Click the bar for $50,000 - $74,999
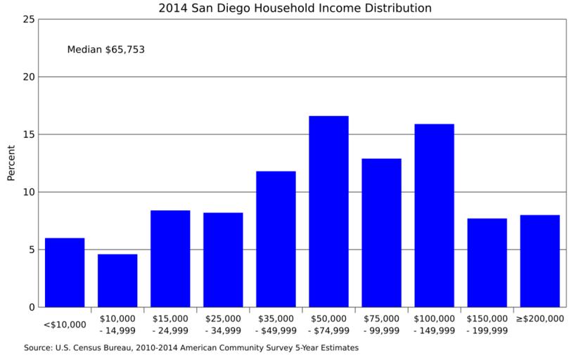pyautogui.click(x=328, y=211)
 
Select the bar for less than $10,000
pyautogui.click(x=65, y=272)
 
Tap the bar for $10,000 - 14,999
pyautogui.click(x=117, y=281)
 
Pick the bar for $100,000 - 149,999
pyautogui.click(x=434, y=215)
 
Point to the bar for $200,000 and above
pyautogui.click(x=539, y=261)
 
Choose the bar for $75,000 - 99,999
pyautogui.click(x=381, y=233)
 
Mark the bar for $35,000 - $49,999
pyautogui.click(x=276, y=239)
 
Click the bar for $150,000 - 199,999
pyautogui.click(x=487, y=262)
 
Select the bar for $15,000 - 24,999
pyautogui.click(x=170, y=259)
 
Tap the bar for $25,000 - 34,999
pyautogui.click(x=223, y=259)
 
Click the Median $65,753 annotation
pyautogui.click(x=105, y=50)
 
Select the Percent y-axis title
pyautogui.click(x=11, y=163)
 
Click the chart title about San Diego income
pyautogui.click(x=295, y=8)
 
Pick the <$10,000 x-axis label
pyautogui.click(x=65, y=324)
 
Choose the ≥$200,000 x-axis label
pyautogui.click(x=539, y=319)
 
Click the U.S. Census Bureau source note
pyautogui.click(x=191, y=347)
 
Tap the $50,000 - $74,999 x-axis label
pyautogui.click(x=328, y=324)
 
